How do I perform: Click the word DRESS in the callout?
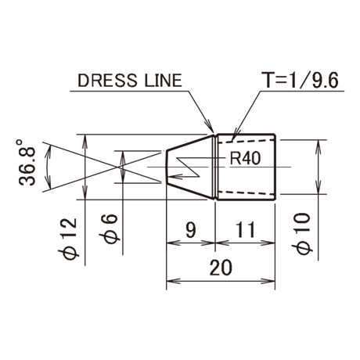107,81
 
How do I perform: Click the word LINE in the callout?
163,81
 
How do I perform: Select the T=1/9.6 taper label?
301,80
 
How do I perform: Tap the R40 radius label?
245,158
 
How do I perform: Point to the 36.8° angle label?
27,163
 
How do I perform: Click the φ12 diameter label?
68,237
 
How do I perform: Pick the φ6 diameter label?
110,229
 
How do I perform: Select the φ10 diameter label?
303,232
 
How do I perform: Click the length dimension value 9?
191,230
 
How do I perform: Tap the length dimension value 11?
247,230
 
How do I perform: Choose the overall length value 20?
221,268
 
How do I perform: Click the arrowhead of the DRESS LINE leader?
211,128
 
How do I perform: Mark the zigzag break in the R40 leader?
189,167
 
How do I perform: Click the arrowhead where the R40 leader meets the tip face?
172,177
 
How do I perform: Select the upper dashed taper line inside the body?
247,141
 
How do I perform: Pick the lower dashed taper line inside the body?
247,193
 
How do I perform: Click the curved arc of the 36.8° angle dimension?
46,167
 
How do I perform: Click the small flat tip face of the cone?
167,167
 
